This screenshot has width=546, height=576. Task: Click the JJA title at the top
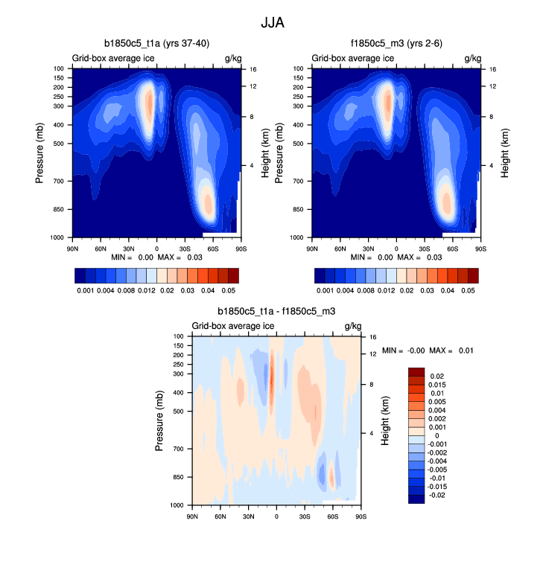272,22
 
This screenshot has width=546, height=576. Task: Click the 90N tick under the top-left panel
73,248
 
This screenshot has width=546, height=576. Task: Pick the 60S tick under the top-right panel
453,248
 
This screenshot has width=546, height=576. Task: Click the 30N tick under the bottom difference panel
248,515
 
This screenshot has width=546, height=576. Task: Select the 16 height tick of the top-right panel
492,68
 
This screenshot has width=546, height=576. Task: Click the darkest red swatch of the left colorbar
232,275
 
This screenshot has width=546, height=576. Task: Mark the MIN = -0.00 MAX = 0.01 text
428,350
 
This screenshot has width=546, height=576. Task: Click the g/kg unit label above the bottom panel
352,326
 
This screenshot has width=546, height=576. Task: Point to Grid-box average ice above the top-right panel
352,58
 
